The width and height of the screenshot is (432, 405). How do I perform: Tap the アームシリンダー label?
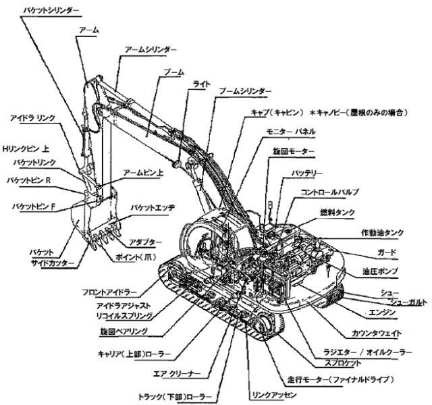pos(151,50)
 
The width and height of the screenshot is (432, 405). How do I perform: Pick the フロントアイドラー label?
pos(109,292)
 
